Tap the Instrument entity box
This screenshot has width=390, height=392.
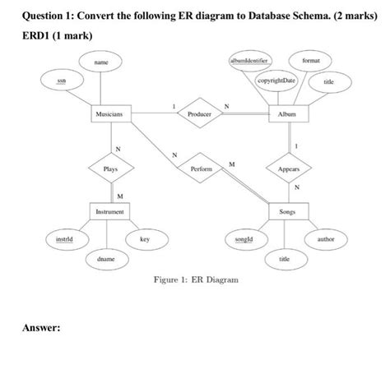[109, 212]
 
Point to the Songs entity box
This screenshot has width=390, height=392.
[286, 212]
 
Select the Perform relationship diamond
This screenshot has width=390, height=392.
[201, 168]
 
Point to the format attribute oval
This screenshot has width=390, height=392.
[311, 61]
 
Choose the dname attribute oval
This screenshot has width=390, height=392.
[106, 258]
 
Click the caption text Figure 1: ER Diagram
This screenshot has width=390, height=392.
[196, 280]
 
